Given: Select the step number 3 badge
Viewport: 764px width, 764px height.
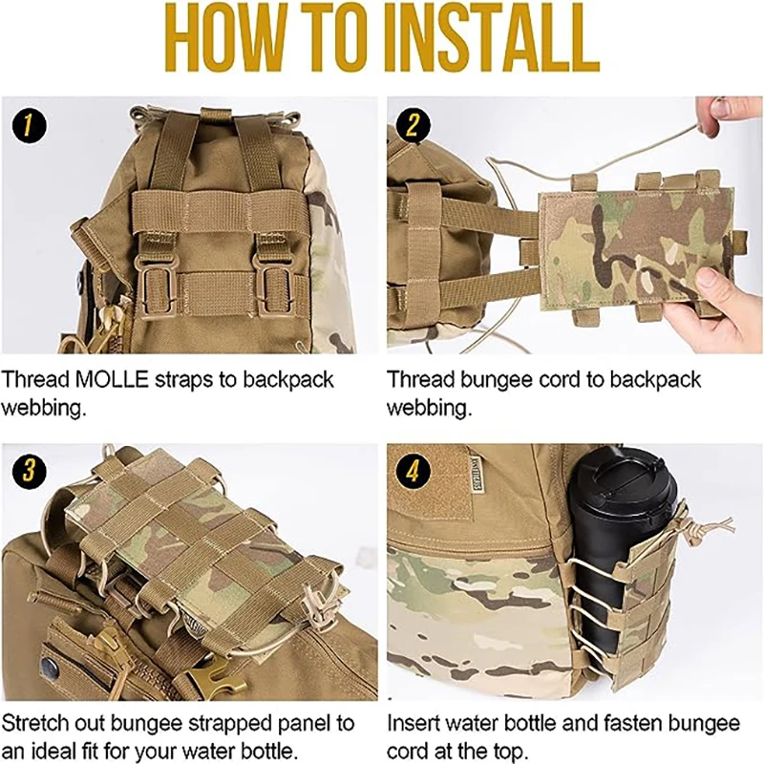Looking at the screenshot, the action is pyautogui.click(x=30, y=471).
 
